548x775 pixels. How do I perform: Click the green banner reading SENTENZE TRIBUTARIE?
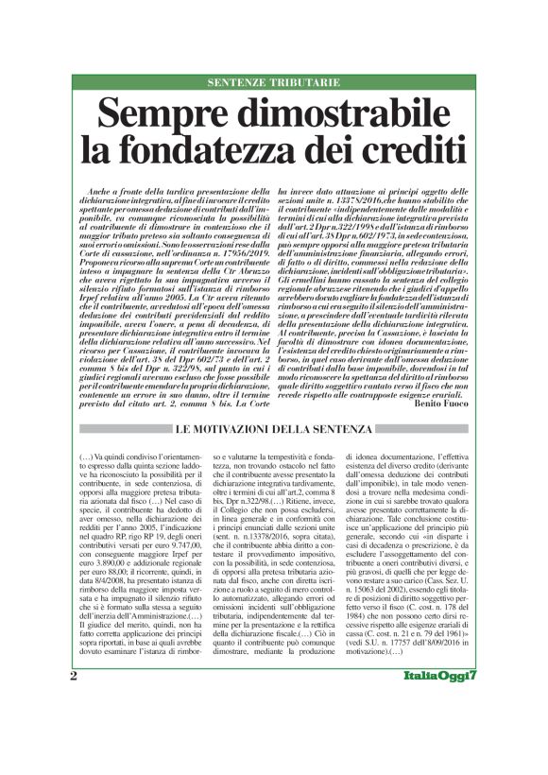click(x=274, y=82)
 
